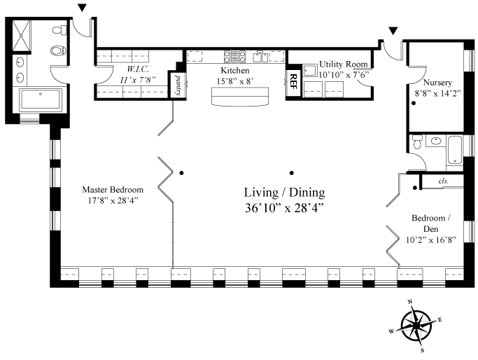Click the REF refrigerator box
pyautogui.click(x=293, y=83)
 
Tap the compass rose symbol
pyautogui.click(x=416, y=326)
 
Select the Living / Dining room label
pyautogui.click(x=284, y=193)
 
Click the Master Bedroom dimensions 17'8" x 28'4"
pyautogui.click(x=113, y=201)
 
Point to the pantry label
pyautogui.click(x=177, y=85)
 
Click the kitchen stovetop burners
pyautogui.click(x=234, y=57)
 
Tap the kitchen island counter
pyautogui.click(x=240, y=97)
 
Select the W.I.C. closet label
pyautogui.click(x=137, y=69)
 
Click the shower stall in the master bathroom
pyautogui.click(x=22, y=36)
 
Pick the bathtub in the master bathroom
pyautogui.click(x=41, y=99)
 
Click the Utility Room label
pyautogui.click(x=343, y=64)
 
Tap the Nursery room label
pyautogui.click(x=437, y=83)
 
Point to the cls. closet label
pyautogui.click(x=443, y=181)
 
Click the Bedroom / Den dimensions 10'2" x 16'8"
pyautogui.click(x=431, y=240)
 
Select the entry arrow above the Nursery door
pyautogui.click(x=393, y=31)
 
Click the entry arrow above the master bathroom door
pyautogui.click(x=82, y=8)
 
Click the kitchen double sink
pyautogui.click(x=260, y=57)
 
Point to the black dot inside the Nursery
pyautogui.click(x=414, y=104)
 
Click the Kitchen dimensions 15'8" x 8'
pyautogui.click(x=235, y=81)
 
